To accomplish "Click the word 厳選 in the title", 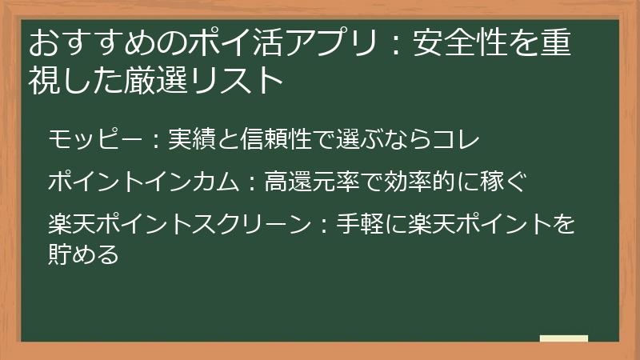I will (169, 80).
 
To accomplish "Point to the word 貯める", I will (84, 254).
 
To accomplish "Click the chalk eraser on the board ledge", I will (563, 339).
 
